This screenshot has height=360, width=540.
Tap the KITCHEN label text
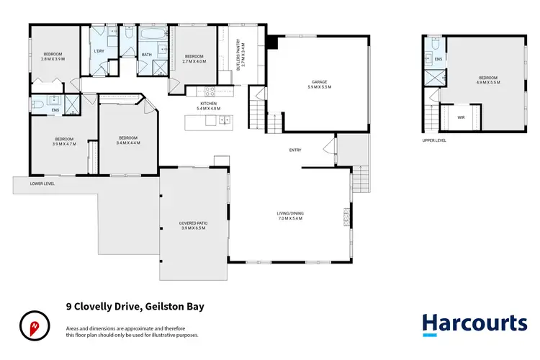(209, 107)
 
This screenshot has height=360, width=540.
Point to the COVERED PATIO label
(193, 226)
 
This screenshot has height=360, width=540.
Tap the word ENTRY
(295, 150)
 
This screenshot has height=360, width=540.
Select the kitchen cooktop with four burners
(210, 91)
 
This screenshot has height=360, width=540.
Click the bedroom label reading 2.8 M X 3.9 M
(53, 57)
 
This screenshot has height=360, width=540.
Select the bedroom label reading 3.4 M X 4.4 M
(128, 140)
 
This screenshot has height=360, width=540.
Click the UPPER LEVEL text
(434, 140)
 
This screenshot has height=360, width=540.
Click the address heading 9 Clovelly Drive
(135, 306)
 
